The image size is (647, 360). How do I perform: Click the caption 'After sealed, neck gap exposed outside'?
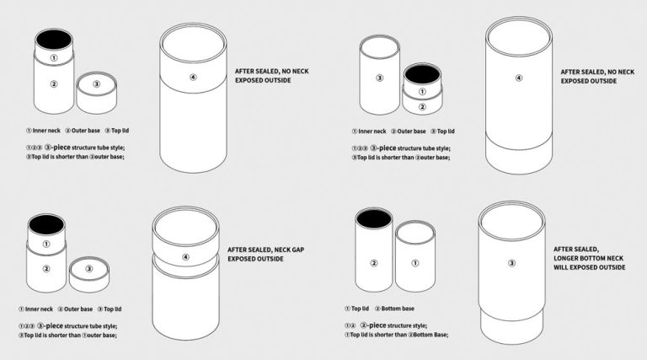pyautogui.click(x=257, y=254)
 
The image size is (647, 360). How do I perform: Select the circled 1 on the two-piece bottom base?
pyautogui.click(x=414, y=263)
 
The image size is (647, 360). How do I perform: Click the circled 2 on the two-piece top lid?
pyautogui.click(x=373, y=263)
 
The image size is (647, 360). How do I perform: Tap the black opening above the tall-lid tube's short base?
pyautogui.click(x=422, y=74)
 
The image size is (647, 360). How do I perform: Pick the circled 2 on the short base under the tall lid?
pyautogui.click(x=422, y=106)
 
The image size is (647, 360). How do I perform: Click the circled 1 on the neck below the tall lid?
pyautogui.click(x=422, y=91)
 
